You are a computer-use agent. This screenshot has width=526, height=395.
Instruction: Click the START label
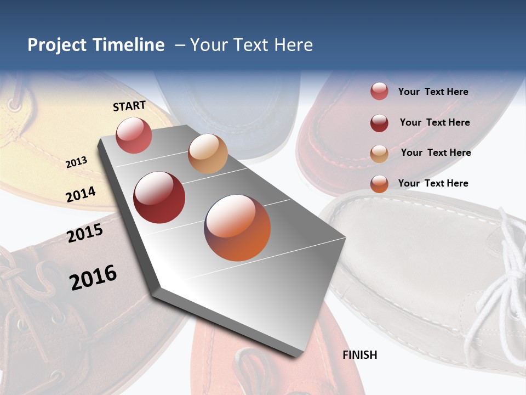coord(129,106)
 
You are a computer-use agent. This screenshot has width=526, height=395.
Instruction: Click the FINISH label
coord(360,355)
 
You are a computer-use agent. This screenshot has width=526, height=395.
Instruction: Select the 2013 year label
coord(76,162)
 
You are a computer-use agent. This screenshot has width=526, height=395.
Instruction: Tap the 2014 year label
coord(81,194)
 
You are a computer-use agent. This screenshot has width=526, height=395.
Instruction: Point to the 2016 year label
coord(93,277)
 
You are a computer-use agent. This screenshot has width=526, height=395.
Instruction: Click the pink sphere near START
coord(134,135)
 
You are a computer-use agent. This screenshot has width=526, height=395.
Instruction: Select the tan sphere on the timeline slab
coord(208,154)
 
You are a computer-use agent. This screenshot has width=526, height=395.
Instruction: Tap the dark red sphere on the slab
coord(159,198)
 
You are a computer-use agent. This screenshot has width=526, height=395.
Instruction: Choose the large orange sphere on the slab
coord(237,228)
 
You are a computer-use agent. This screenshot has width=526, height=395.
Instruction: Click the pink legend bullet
coord(379,92)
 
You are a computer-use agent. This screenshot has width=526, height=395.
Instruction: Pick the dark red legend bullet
coord(379,123)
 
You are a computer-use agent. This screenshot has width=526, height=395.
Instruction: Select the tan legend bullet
coord(379,154)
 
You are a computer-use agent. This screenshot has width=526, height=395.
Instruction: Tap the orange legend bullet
coord(379,184)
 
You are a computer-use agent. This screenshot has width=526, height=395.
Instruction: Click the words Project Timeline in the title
coord(96,45)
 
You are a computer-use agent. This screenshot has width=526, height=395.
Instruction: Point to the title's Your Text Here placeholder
coord(251,45)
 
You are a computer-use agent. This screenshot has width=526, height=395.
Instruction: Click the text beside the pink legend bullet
coord(433,92)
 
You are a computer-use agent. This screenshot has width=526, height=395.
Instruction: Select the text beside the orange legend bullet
coord(433,183)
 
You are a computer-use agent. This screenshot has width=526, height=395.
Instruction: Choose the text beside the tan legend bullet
coord(436,153)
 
